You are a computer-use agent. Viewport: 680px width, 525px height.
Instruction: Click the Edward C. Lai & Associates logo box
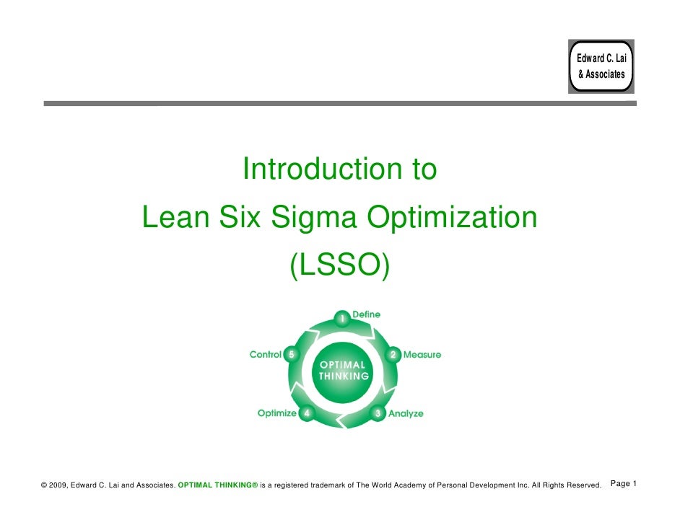click(x=601, y=66)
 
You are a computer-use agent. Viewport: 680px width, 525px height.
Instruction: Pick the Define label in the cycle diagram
click(x=366, y=315)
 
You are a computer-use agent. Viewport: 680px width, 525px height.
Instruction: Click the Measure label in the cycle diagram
click(x=422, y=355)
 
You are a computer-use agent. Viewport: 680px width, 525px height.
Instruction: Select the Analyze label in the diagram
click(x=406, y=414)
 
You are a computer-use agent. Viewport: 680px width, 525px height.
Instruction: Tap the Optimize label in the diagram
click(x=277, y=413)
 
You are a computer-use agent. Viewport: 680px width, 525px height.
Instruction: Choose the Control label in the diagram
click(x=265, y=355)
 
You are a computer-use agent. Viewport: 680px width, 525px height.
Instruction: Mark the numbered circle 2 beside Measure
click(x=393, y=356)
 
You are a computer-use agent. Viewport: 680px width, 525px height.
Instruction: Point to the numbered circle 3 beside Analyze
click(x=378, y=414)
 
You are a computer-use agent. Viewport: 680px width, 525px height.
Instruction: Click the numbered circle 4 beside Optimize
click(x=308, y=414)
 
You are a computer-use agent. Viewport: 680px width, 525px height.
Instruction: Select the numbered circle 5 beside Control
click(x=291, y=355)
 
